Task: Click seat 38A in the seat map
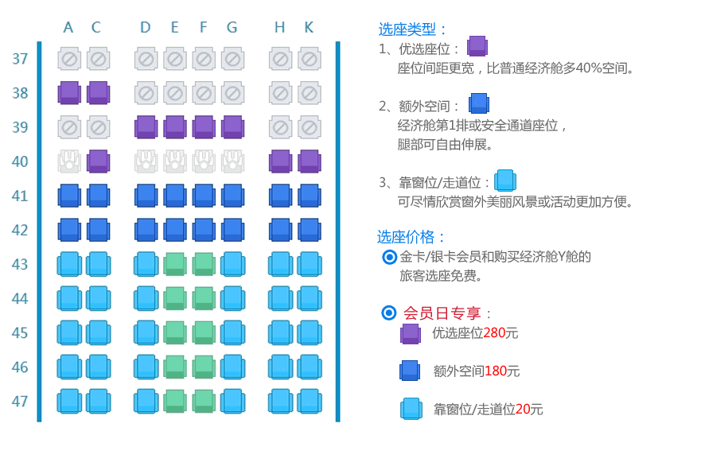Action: click(69, 93)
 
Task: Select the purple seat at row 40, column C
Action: click(99, 161)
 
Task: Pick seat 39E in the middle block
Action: click(175, 127)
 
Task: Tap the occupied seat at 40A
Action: click(69, 161)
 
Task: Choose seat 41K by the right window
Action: click(310, 196)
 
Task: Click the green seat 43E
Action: click(175, 264)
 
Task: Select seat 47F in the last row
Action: click(204, 401)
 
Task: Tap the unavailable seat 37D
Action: click(146, 59)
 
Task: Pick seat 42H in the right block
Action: click(280, 230)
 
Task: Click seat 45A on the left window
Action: click(69, 333)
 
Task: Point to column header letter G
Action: click(232, 27)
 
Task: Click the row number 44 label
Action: click(20, 298)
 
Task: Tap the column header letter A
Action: click(68, 27)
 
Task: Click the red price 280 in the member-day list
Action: click(494, 333)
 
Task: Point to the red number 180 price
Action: click(496, 371)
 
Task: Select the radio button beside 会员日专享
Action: click(389, 313)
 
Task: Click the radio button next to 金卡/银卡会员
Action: click(389, 257)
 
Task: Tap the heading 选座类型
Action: click(407, 29)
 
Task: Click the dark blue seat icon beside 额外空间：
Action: click(479, 103)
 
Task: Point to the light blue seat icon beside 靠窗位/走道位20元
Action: click(411, 408)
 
